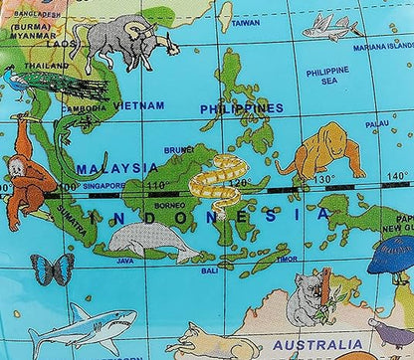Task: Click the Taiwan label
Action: coord(245,21)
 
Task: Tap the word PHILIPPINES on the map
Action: coord(242,108)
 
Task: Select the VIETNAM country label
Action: coord(138,104)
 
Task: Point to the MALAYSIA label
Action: coord(117,168)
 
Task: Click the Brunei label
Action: coord(179,149)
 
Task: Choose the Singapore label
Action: coord(104,185)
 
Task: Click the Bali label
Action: coord(209,270)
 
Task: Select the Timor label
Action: coord(287,259)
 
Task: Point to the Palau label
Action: coord(377,124)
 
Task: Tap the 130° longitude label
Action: coord(325,179)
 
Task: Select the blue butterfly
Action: coord(52,269)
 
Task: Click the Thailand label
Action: coord(48,66)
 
